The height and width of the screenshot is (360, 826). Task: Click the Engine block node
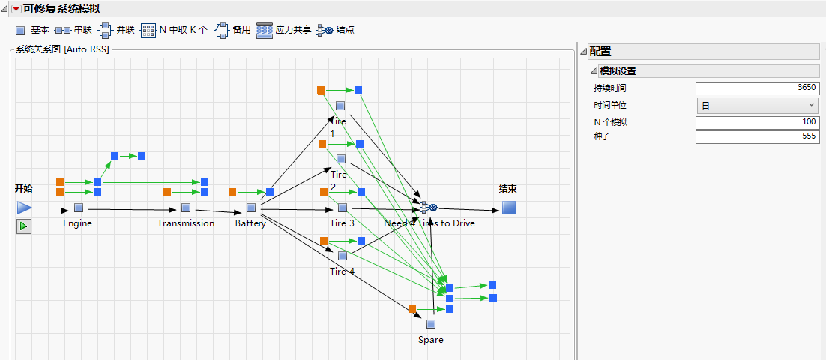79,208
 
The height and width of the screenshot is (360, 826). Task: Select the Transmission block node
186,208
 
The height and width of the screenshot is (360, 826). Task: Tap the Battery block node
251,208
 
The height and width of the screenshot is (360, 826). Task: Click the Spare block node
431,325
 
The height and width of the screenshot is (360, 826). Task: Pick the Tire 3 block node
343,208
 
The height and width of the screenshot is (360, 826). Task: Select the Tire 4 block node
342,256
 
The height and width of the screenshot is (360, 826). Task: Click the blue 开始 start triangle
25,208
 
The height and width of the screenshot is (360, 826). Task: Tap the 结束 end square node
509,208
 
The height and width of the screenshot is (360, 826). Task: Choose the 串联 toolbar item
73,30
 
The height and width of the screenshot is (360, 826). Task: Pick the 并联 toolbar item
117,30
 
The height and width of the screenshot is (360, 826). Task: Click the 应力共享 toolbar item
284,30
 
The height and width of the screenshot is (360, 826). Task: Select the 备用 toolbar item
232,30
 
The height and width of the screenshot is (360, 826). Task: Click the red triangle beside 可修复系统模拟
16,9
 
